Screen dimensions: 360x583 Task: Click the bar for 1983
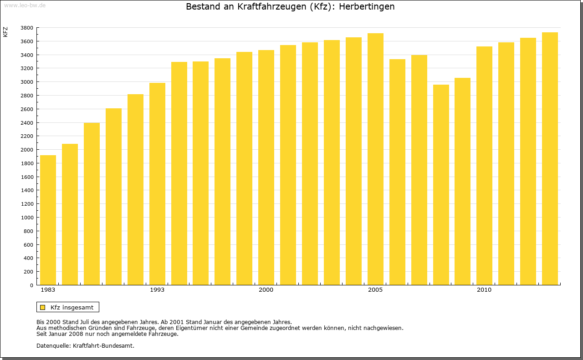48,220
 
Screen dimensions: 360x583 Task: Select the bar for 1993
157,184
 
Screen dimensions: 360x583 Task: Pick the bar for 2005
375,159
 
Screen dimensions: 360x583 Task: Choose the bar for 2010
484,166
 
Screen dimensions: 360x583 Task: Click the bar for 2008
441,185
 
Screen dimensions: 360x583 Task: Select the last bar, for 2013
550,159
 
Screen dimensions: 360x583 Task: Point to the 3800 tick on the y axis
27,28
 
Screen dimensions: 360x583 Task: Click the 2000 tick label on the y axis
27,150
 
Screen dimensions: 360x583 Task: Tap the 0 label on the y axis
31,285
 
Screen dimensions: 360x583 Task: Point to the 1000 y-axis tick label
27,218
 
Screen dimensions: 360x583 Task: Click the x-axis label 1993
157,290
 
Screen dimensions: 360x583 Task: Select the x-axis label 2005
375,290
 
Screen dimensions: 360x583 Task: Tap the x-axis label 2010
484,290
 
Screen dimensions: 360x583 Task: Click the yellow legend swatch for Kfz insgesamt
43,307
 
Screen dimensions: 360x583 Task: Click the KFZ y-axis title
5,32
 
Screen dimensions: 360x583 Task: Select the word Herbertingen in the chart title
367,7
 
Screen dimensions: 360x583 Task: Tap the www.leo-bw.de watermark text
25,5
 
